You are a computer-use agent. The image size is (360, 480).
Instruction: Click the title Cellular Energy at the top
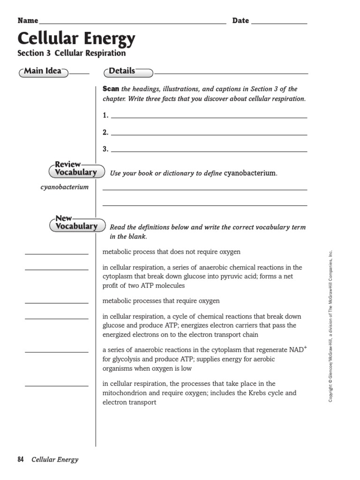click(76, 38)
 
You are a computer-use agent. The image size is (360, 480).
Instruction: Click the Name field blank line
click(133, 22)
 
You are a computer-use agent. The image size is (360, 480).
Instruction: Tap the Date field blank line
click(279, 22)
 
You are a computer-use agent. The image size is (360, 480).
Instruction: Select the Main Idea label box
click(43, 71)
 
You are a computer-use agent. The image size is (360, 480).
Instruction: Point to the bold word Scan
click(111, 89)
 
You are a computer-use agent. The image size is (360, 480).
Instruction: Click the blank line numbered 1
click(209, 117)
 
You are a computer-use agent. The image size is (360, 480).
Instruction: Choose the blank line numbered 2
click(209, 134)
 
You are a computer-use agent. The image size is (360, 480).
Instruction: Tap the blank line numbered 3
click(209, 151)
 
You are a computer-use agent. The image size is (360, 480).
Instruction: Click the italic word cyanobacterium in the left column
click(64, 187)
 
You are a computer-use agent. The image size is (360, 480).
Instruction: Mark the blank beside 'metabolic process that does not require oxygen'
click(56, 253)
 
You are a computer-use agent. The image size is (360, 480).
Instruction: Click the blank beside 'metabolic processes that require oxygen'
click(56, 302)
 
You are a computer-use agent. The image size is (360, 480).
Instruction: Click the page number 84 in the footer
click(21, 459)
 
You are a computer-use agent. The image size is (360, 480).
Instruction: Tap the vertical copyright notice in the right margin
click(331, 326)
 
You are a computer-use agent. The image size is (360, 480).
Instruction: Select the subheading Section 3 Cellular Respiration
click(72, 53)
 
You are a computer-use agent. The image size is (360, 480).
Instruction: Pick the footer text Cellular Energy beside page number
click(55, 459)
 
